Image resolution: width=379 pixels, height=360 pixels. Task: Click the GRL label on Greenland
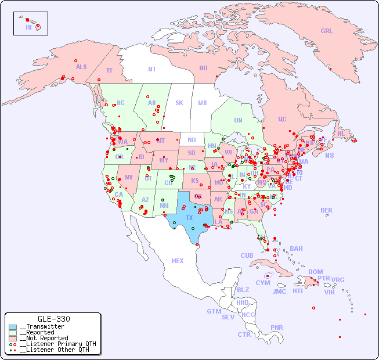click(327, 31)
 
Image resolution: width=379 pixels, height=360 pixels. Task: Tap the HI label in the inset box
click(28, 27)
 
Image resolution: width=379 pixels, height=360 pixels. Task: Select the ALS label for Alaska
click(81, 67)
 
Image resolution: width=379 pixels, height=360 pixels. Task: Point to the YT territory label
click(109, 70)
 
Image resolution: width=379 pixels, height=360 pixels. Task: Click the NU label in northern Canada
click(203, 68)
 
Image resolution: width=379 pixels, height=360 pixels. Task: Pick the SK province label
click(179, 103)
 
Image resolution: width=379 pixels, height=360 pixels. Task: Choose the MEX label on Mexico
click(178, 261)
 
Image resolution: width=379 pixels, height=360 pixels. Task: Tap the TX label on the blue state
click(189, 218)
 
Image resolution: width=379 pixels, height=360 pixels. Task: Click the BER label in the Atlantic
click(326, 210)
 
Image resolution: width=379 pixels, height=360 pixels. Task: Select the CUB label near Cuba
click(247, 255)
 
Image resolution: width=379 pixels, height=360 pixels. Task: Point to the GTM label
click(214, 311)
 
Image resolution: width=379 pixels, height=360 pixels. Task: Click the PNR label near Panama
click(277, 327)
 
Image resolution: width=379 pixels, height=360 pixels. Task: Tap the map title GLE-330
click(53, 319)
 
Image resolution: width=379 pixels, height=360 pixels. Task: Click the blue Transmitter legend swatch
click(13, 327)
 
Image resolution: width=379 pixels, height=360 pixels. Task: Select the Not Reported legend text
click(44, 338)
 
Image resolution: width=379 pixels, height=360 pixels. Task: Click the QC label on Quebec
click(282, 119)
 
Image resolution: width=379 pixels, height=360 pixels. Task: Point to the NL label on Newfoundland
click(341, 134)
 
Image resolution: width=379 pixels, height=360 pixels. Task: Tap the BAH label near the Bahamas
click(296, 249)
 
